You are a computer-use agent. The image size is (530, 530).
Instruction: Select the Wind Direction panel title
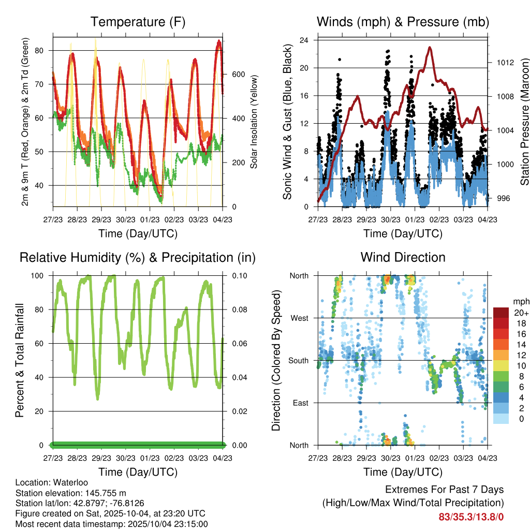pyautogui.click(x=403, y=257)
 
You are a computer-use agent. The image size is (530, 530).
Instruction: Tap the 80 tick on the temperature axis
pyautogui.click(x=46, y=51)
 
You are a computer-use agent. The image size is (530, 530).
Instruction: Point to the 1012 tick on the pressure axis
pyautogui.click(x=500, y=63)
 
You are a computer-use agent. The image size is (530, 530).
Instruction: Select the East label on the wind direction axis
pyautogui.click(x=302, y=403)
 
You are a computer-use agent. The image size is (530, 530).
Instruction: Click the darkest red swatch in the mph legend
pyautogui.click(x=500, y=313)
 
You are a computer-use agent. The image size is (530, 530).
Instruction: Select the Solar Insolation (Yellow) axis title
pyautogui.click(x=254, y=122)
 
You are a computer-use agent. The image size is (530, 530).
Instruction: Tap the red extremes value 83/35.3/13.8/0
pyautogui.click(x=471, y=517)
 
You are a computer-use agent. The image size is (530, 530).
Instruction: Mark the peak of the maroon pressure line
pyautogui.click(x=430, y=47)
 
